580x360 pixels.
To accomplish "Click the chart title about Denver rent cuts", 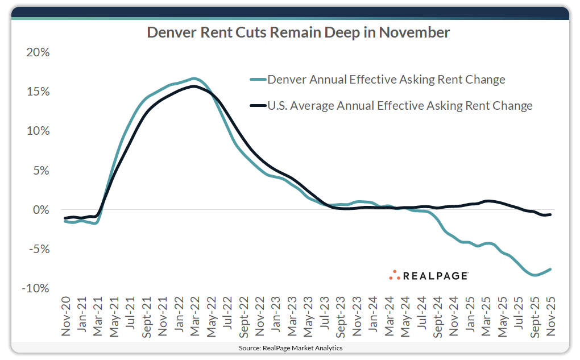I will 298,32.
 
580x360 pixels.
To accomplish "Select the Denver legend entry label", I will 386,80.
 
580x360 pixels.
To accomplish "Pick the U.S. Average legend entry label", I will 400,105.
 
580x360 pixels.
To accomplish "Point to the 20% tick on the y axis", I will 38,52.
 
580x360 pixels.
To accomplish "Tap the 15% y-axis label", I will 38,92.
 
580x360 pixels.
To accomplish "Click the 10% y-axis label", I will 38,131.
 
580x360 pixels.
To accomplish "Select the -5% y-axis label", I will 38,249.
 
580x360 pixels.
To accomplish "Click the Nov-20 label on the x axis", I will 65,316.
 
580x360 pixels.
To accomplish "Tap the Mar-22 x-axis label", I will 194,316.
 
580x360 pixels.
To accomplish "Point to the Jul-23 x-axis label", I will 324,316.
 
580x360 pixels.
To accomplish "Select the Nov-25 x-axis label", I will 550,316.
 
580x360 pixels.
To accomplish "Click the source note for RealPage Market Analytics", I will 290,347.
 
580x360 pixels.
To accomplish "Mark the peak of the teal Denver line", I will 194,78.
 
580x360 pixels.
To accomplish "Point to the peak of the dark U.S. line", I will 194,86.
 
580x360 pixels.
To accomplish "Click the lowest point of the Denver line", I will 535,275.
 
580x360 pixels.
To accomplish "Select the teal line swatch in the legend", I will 258,80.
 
